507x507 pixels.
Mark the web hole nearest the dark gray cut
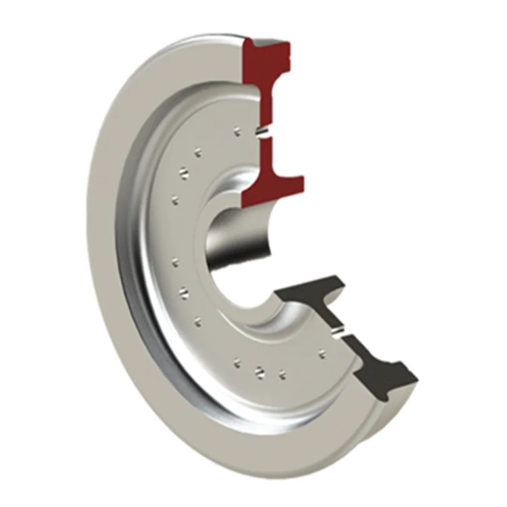pos(322,352)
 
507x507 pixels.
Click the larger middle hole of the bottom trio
pos(258,370)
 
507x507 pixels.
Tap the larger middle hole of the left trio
pos(181,293)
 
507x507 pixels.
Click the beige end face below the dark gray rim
pos(368,412)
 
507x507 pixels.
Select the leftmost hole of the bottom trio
pos(236,363)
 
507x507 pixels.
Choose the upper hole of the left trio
pos(176,261)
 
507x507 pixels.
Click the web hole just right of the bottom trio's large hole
pos(281,371)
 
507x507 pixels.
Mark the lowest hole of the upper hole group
pos(174,199)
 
